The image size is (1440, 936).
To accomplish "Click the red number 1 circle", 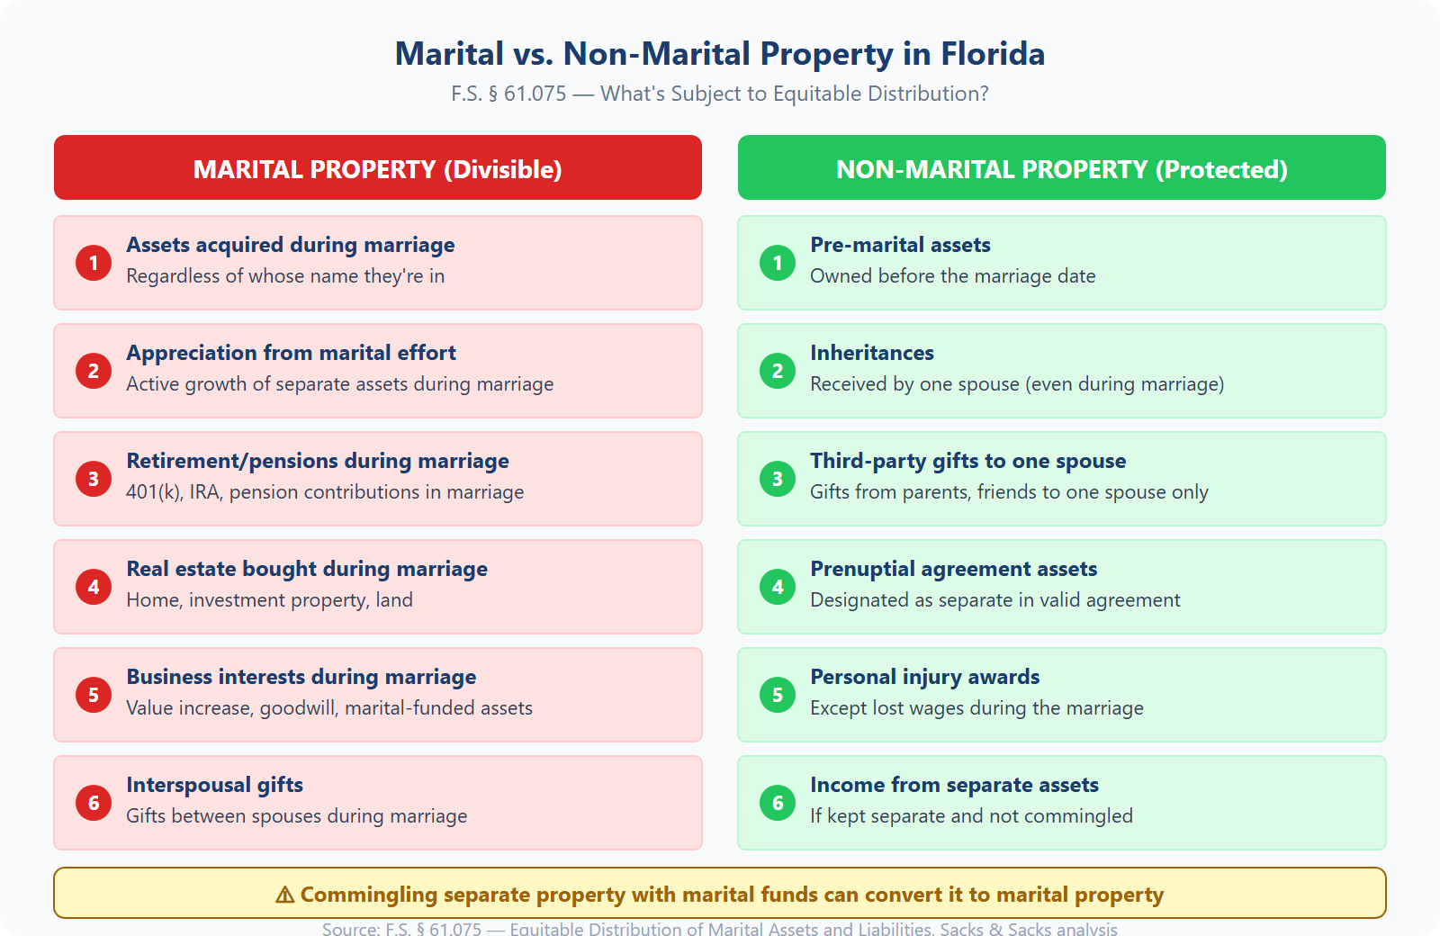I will click(94, 263).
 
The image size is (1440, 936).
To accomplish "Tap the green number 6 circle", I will click(778, 803).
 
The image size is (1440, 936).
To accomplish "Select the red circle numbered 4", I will click(94, 587).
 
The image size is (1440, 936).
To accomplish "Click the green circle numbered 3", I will click(778, 479).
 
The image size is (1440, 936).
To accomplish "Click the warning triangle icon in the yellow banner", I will click(284, 895).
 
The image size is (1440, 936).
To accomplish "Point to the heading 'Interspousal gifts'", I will click(214, 785).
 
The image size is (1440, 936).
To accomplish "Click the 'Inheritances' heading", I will click(871, 353).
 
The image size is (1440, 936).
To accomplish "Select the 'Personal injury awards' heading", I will click(924, 677).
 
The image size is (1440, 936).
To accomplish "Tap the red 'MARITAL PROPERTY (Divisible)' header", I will click(377, 168).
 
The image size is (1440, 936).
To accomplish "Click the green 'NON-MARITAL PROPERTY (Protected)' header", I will click(1061, 168).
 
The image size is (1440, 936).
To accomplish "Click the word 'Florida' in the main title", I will click(993, 54).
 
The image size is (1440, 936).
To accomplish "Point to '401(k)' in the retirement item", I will click(153, 492).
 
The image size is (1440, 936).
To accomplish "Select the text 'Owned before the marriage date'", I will click(952, 276).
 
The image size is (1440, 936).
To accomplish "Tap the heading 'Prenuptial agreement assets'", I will click(953, 569).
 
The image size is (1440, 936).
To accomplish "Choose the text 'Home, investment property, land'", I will click(269, 600).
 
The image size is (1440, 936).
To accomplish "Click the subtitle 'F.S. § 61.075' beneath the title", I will click(508, 94).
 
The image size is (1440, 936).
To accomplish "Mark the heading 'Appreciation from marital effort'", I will click(291, 353).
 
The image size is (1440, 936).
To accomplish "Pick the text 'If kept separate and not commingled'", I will click(971, 816).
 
